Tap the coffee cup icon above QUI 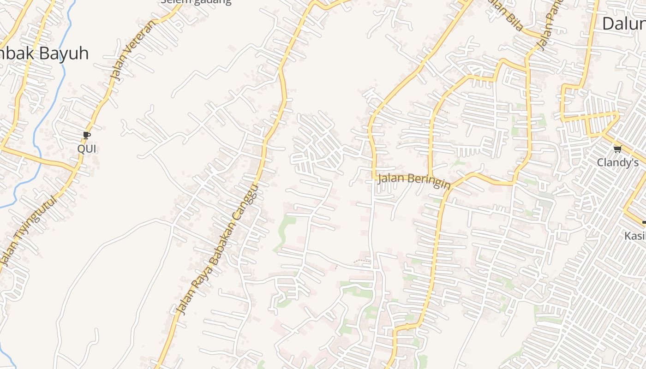[x=86, y=135]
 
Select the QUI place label [x=87, y=149]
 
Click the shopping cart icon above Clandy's [x=617, y=149]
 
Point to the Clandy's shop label [x=617, y=162]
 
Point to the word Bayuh [x=64, y=54]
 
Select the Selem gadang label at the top [x=196, y=1]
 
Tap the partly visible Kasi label [x=635, y=236]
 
